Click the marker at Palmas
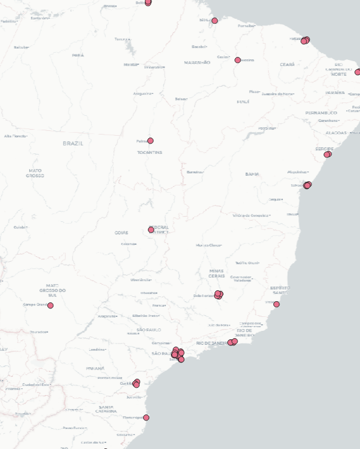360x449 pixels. click(x=150, y=141)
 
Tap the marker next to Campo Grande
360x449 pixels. click(x=50, y=305)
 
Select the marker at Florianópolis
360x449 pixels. click(x=146, y=417)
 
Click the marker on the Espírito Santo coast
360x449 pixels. click(x=276, y=304)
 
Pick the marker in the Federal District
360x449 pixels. click(x=151, y=230)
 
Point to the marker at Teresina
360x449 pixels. click(x=238, y=60)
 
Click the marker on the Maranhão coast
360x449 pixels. click(x=215, y=21)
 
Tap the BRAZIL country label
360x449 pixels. click(x=73, y=144)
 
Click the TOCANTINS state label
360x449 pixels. click(x=150, y=153)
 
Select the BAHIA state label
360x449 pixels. click(x=252, y=174)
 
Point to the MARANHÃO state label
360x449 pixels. click(x=198, y=62)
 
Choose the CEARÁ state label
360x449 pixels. click(x=287, y=64)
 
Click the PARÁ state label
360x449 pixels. click(x=78, y=55)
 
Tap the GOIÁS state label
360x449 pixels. click(x=121, y=233)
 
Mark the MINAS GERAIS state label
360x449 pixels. click(x=216, y=273)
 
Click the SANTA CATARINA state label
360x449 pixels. click(x=106, y=410)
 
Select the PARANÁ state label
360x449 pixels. click(x=95, y=368)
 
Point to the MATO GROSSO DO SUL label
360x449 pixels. click(x=52, y=290)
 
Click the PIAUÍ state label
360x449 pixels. click(x=243, y=102)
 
